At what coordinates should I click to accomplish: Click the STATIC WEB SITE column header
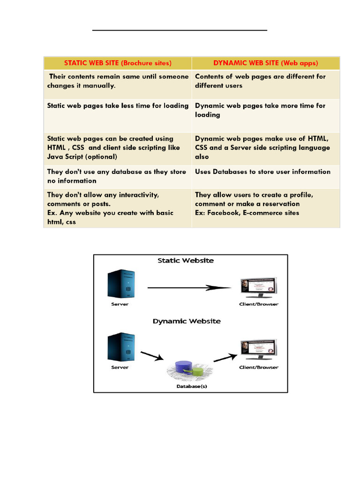pos(118,63)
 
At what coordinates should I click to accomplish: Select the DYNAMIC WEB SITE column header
pos(266,63)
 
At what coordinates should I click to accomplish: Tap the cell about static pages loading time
pos(118,106)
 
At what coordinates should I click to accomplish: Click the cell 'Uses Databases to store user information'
pos(262,172)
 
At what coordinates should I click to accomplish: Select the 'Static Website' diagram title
pos(186,261)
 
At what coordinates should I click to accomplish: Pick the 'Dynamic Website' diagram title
pos(187,322)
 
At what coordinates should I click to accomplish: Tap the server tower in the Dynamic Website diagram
pos(120,347)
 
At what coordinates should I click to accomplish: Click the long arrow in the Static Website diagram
pos(189,288)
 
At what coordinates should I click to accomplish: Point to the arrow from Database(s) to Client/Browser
pos(225,357)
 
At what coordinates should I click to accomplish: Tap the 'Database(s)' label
pos(192,387)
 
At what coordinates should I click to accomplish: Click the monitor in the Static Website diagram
pos(258,287)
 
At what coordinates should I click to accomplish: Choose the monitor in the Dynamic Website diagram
pos(258,349)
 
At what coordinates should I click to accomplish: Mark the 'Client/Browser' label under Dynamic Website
pos(259,367)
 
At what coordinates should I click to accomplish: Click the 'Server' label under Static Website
pos(120,304)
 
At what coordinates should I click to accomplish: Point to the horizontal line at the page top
pos(180,30)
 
